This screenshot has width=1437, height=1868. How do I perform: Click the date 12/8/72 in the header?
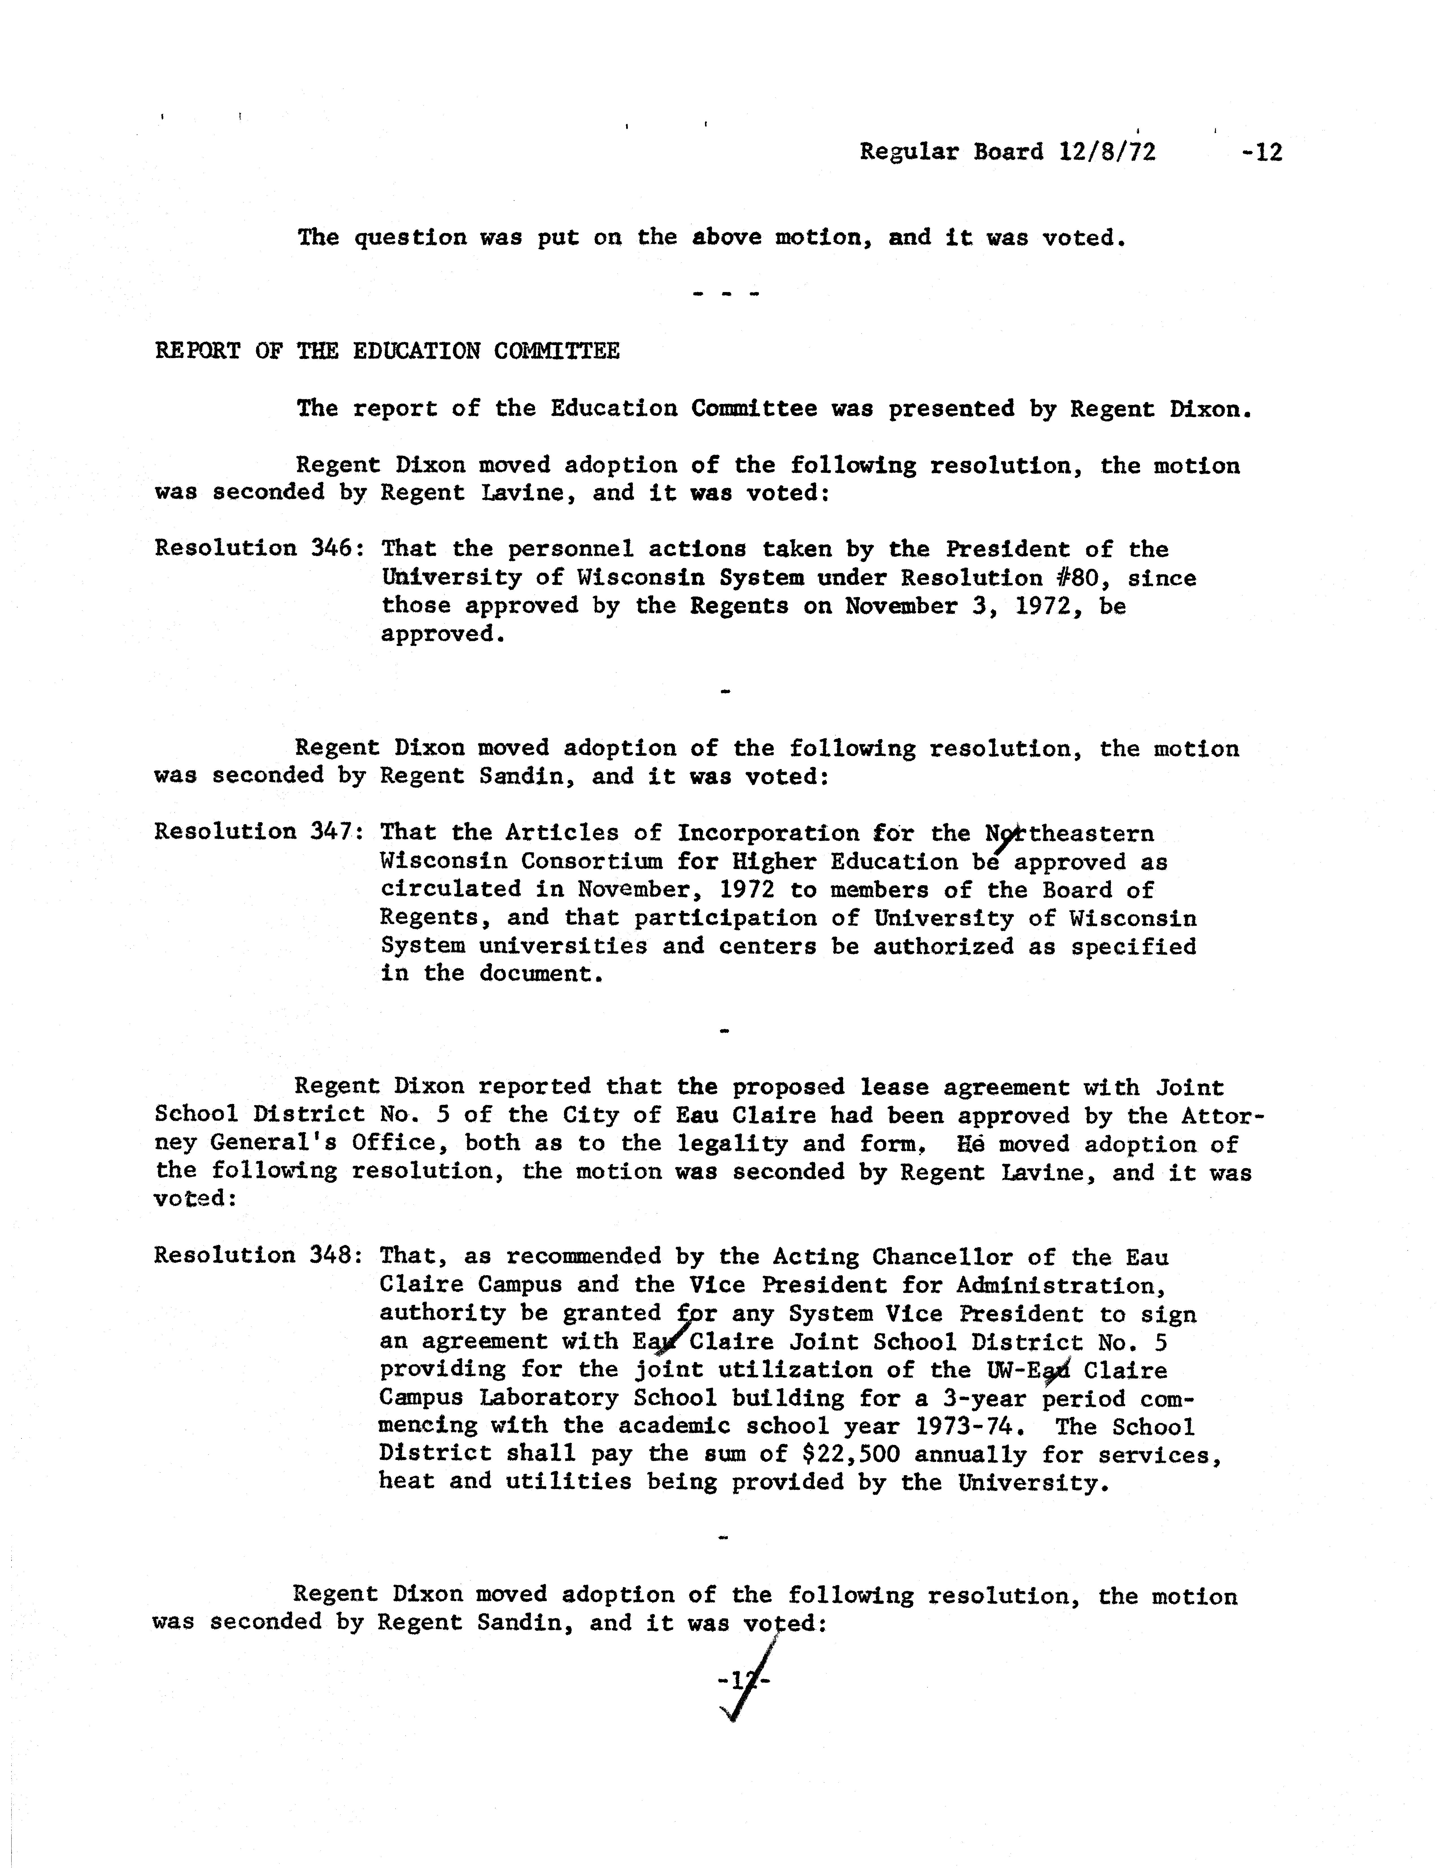pos(1107,152)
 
